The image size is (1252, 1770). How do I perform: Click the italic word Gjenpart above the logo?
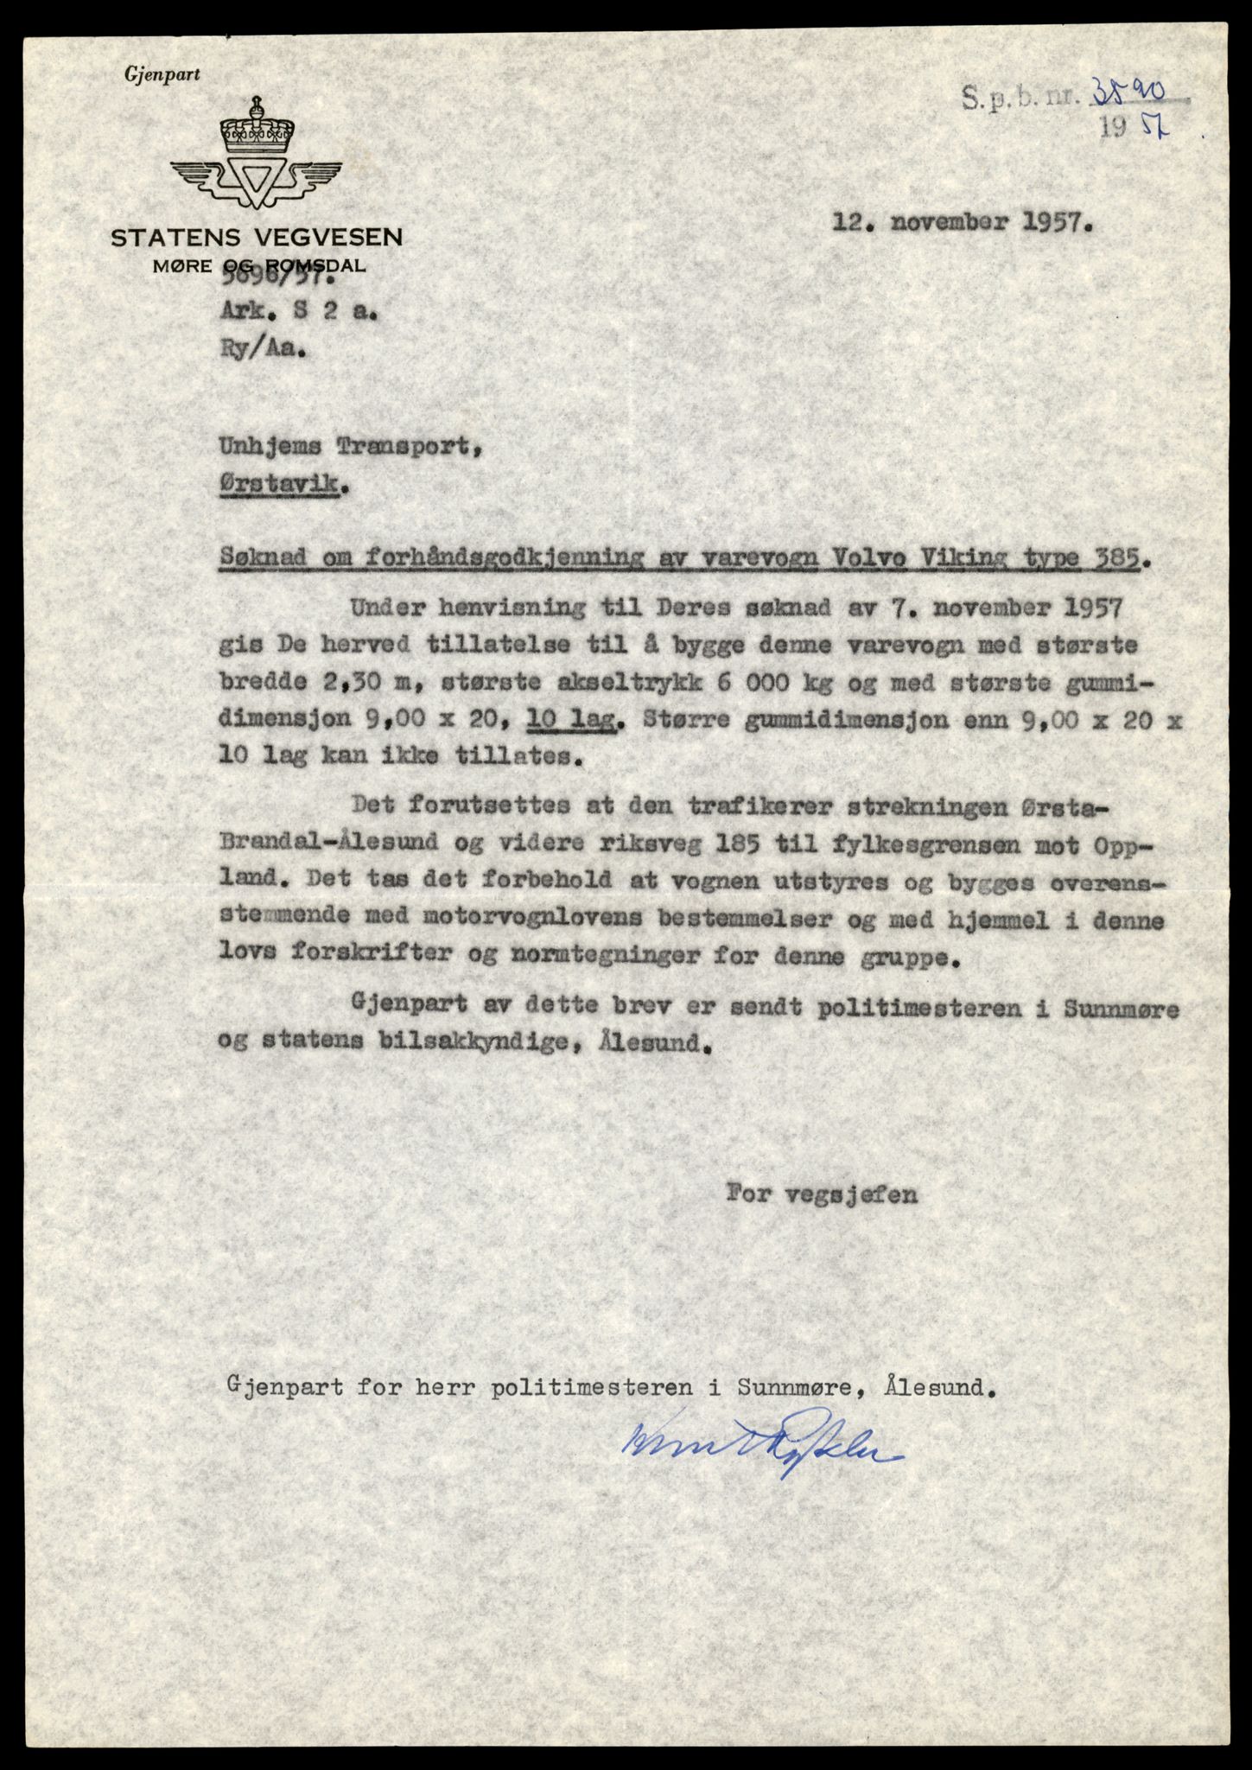[162, 75]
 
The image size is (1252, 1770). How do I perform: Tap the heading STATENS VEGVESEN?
[257, 238]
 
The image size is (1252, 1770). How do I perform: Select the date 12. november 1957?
[963, 222]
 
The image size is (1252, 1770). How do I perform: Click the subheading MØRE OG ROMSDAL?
[258, 265]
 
